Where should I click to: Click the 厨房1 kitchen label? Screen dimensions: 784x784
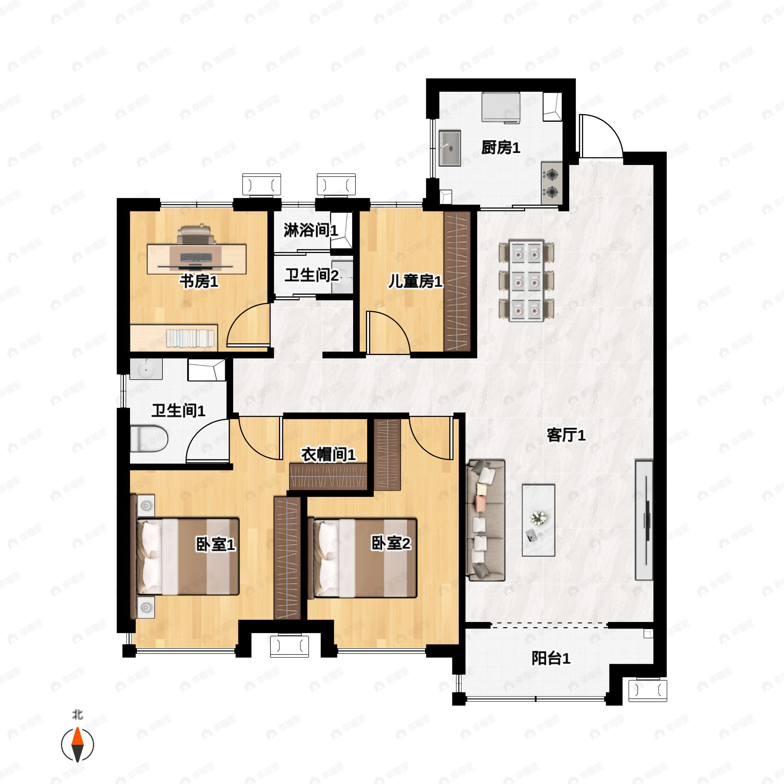(x=501, y=148)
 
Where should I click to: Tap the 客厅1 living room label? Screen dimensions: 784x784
(x=566, y=435)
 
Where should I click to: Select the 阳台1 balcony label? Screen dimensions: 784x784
(x=551, y=658)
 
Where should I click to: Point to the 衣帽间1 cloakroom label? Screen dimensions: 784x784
(x=328, y=454)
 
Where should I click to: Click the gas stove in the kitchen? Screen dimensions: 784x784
(x=552, y=183)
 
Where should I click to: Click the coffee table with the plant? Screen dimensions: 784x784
(x=538, y=520)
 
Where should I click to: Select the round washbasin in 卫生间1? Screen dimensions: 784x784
(x=146, y=369)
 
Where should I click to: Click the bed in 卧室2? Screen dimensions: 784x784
(x=362, y=558)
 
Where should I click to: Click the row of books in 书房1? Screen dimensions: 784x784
(x=190, y=338)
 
